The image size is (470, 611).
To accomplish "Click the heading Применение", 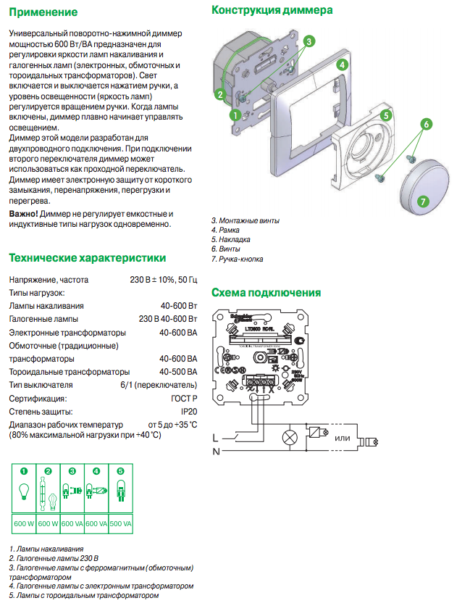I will (43, 12).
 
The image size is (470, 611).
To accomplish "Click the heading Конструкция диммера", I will (272, 11).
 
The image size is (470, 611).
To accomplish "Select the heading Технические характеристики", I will (87, 258).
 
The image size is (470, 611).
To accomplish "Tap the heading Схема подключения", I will (265, 293).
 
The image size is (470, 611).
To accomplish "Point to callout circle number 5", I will (386, 115).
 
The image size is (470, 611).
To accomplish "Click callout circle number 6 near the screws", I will (426, 124).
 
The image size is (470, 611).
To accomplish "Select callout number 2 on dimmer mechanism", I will (219, 94).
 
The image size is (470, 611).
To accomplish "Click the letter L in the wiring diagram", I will (215, 438).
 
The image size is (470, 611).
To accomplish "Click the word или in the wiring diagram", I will (343, 438).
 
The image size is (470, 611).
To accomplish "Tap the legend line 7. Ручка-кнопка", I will (237, 259).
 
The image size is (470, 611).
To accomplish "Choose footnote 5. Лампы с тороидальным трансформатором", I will (83, 595).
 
